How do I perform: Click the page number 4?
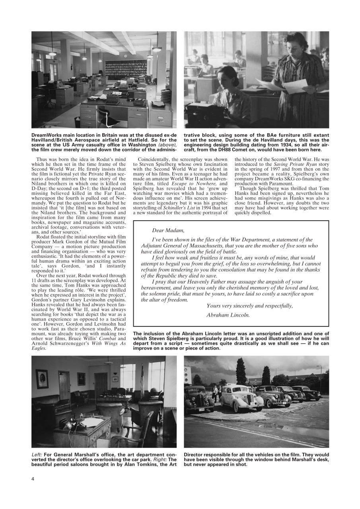(x=33, y=478)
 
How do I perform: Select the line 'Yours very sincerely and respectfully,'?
(x=249, y=305)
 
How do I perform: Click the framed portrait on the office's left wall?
(x=42, y=379)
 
